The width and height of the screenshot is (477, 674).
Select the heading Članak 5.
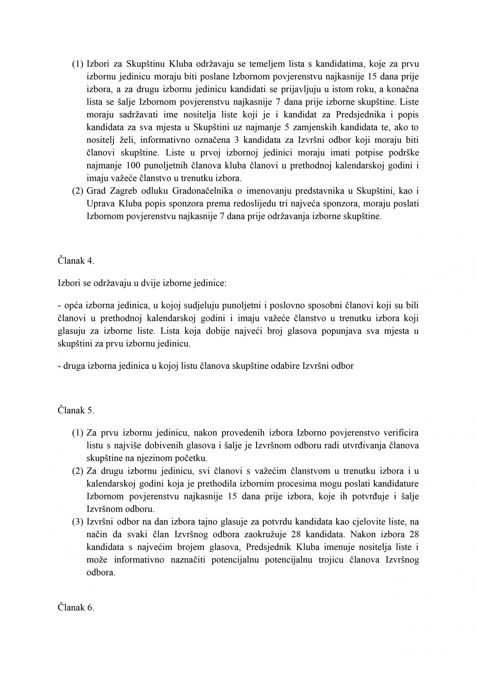[76, 410]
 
